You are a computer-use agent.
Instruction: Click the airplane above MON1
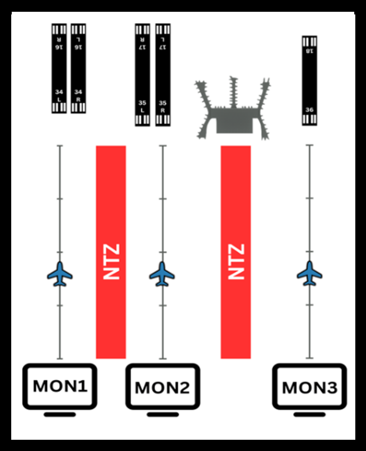point(59,273)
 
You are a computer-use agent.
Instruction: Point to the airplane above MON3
point(309,273)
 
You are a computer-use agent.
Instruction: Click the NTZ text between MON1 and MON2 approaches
point(111,262)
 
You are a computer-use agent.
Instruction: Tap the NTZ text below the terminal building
point(236,262)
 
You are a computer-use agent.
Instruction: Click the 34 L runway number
point(59,95)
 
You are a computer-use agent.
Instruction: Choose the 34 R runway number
point(79,95)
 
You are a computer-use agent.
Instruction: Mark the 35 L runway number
point(142,106)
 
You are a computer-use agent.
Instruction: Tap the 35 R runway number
point(162,106)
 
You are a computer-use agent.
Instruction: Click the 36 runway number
point(309,110)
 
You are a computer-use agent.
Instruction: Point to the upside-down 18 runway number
point(309,51)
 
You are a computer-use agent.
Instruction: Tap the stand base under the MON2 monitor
point(162,414)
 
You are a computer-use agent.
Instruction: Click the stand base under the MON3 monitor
point(310,414)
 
